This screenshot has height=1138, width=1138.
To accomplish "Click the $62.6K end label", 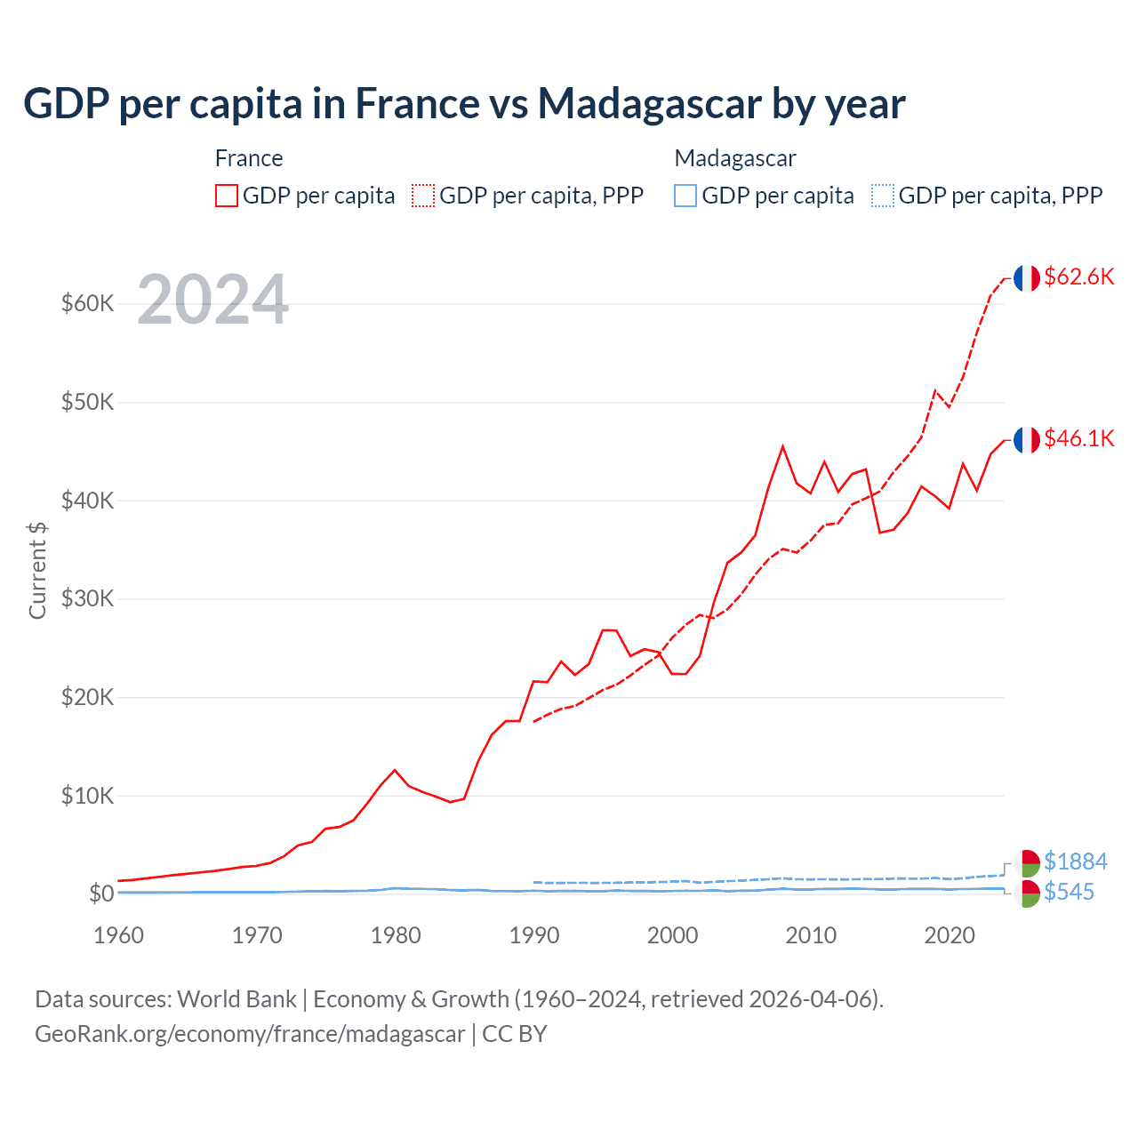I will tap(1078, 276).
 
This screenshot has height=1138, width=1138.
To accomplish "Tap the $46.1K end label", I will tap(1078, 438).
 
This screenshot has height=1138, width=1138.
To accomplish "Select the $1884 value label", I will tap(1075, 862).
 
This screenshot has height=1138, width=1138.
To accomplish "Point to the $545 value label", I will tap(1069, 892).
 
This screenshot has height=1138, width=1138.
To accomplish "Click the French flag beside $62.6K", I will tap(1027, 278).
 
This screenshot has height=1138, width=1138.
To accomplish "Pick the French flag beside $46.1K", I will tap(1027, 440).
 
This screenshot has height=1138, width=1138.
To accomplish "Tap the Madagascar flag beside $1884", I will tap(1027, 862).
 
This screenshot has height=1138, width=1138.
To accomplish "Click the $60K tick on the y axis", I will tap(88, 304).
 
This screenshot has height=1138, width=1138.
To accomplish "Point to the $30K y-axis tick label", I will tap(88, 599).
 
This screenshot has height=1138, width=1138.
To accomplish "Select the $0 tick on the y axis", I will tap(101, 894).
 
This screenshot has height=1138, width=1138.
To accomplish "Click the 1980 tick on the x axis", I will tap(396, 935).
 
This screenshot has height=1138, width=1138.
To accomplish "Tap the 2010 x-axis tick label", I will tap(811, 935).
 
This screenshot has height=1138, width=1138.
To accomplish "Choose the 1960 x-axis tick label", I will tap(119, 935).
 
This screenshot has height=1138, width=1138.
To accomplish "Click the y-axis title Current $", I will tap(37, 571).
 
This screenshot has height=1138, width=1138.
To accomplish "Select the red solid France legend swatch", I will tap(227, 196).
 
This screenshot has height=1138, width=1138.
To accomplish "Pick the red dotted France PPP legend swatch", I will tap(423, 196).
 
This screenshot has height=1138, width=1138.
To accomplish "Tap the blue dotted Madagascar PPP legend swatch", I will tap(883, 196).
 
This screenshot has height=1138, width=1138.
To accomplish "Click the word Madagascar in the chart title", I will tap(649, 103).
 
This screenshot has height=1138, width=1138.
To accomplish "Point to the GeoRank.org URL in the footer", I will tap(250, 1034).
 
